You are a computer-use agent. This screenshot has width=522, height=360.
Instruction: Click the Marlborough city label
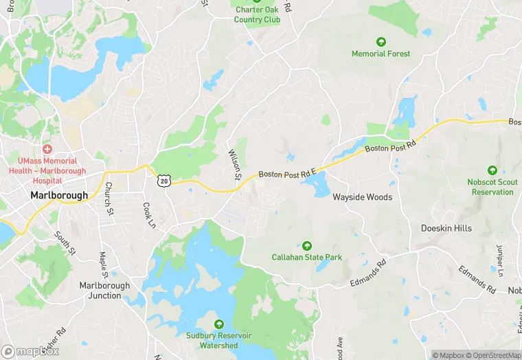(59, 195)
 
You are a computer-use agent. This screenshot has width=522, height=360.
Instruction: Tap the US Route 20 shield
(163, 181)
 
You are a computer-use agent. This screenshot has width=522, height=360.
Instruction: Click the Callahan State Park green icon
(306, 245)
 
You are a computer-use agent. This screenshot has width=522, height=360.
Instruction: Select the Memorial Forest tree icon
(381, 42)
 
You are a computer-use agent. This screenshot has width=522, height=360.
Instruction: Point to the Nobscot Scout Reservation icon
(492, 170)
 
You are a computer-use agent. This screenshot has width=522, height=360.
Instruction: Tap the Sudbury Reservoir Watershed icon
(220, 324)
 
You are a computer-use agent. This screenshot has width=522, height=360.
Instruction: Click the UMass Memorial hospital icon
(47, 149)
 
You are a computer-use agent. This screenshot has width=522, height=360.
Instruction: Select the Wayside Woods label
(362, 197)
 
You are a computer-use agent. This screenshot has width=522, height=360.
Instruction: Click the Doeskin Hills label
(446, 228)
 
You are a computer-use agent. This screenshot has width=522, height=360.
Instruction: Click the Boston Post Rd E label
(287, 175)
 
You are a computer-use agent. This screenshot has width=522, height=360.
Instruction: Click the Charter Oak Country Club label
(257, 14)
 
